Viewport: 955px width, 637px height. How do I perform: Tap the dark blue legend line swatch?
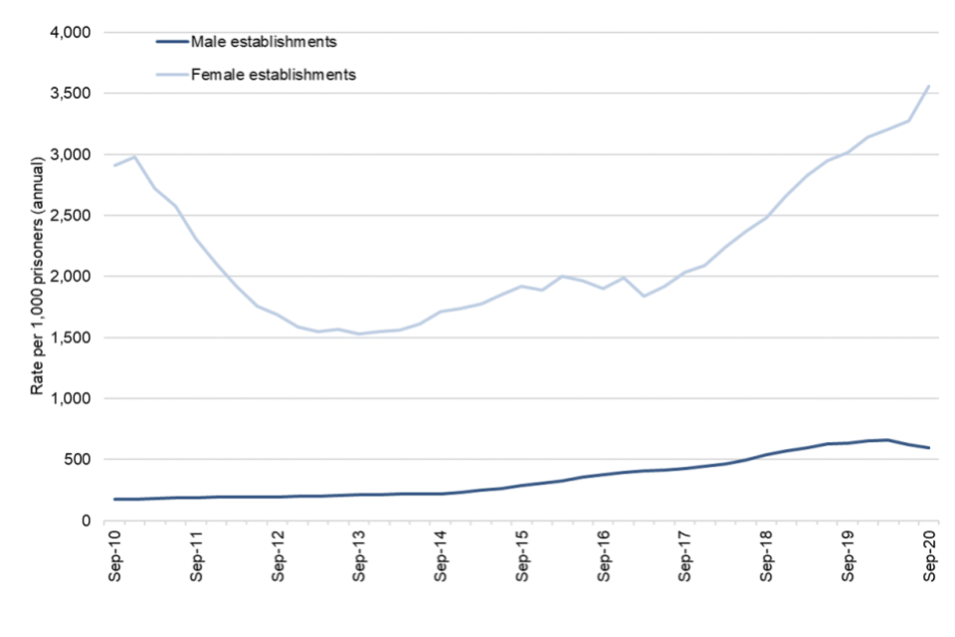click(175, 42)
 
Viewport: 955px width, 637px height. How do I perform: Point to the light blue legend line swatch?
click(175, 74)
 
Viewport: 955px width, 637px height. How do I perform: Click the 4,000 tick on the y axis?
click(70, 33)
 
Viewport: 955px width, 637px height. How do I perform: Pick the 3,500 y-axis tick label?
click(70, 94)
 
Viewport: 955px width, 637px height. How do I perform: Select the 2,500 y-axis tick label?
click(70, 216)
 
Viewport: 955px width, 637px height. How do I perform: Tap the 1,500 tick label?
click(70, 337)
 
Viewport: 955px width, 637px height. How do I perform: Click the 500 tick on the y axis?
click(78, 460)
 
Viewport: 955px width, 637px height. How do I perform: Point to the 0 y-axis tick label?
click(87, 521)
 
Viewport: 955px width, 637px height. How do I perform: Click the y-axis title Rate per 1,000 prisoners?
click(37, 276)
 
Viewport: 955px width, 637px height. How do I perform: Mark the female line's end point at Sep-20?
click(929, 86)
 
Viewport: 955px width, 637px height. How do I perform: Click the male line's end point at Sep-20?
click(929, 448)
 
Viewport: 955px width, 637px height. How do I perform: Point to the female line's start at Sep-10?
click(115, 165)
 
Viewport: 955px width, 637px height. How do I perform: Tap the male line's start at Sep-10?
click(115, 499)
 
